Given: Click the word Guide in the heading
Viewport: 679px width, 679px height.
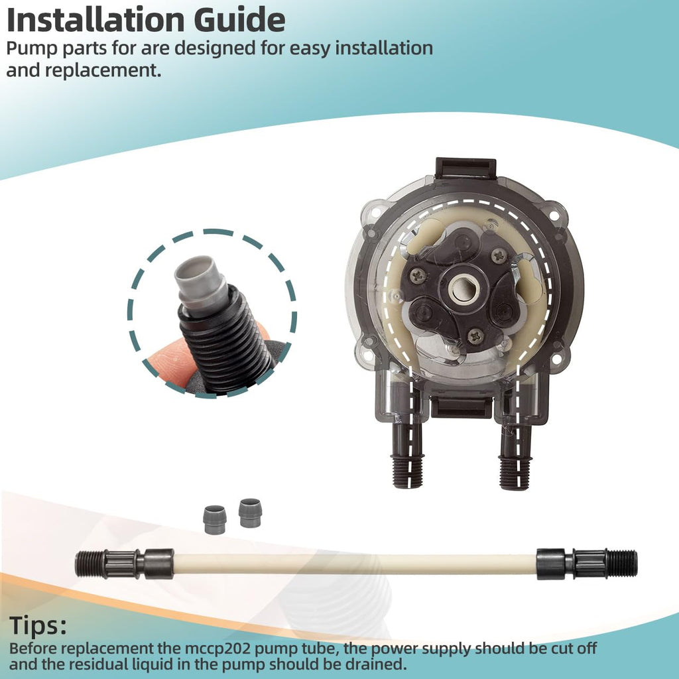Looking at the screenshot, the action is pyautogui.click(x=239, y=20).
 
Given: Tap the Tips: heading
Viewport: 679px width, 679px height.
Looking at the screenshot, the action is pyautogui.click(x=38, y=626).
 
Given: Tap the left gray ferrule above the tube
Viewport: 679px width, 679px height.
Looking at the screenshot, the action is pyautogui.click(x=214, y=520).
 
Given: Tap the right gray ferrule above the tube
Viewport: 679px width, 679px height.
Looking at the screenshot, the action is pyautogui.click(x=250, y=513).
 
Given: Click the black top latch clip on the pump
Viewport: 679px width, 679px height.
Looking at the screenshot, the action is pyautogui.click(x=465, y=168).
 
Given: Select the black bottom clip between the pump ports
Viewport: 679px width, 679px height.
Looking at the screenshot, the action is pyautogui.click(x=462, y=408).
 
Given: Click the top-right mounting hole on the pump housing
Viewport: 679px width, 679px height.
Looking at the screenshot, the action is pyautogui.click(x=553, y=214).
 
